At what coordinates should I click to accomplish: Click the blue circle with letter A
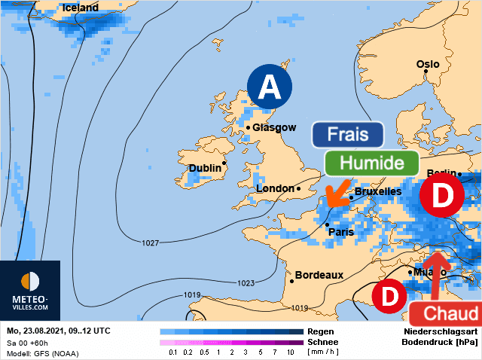[x=270, y=89]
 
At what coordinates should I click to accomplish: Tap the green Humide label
[x=372, y=163]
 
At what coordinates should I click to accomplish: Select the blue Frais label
[x=348, y=135]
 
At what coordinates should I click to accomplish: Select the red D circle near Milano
[x=389, y=297]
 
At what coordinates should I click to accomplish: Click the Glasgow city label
[x=274, y=128]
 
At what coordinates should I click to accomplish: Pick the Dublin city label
[x=205, y=168]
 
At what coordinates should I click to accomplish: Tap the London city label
[x=276, y=188]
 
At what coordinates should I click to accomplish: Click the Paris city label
[x=341, y=232]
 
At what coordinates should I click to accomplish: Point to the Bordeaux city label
[x=319, y=275]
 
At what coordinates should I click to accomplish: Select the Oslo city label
[x=428, y=65]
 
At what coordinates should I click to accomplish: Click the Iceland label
[x=81, y=8]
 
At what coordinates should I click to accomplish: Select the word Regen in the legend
[x=316, y=331]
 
